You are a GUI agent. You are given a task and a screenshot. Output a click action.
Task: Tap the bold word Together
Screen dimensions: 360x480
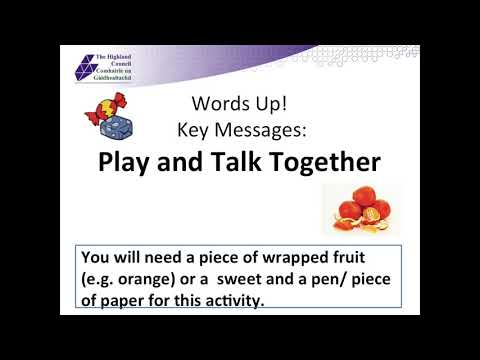(324, 162)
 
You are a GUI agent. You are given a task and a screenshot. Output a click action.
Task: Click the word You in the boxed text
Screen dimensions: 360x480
(98, 259)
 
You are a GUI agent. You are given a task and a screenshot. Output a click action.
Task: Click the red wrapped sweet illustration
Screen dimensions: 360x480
(104, 109)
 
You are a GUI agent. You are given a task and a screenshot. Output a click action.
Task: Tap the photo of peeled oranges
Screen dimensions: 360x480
(355, 211)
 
